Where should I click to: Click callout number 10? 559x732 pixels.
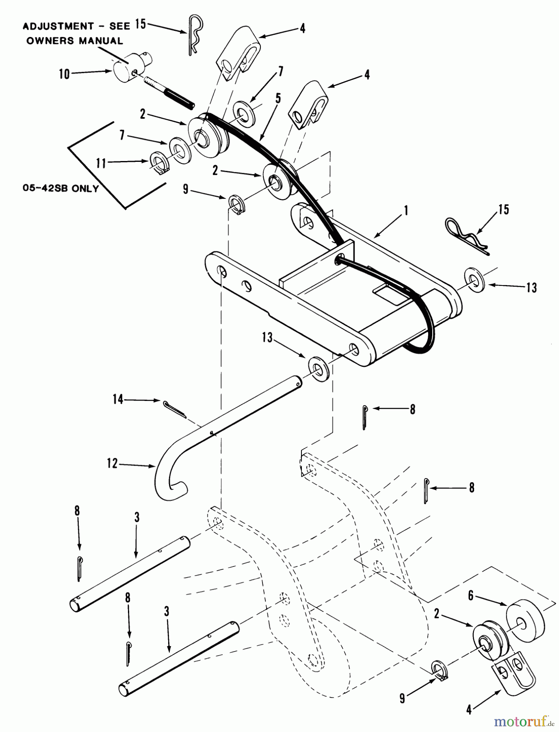tap(65, 75)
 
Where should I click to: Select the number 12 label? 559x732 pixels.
tap(113, 463)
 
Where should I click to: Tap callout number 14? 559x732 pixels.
tap(118, 400)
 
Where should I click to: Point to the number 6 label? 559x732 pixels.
tap(471, 596)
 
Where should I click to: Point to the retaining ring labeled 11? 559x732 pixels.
tap(158, 163)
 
